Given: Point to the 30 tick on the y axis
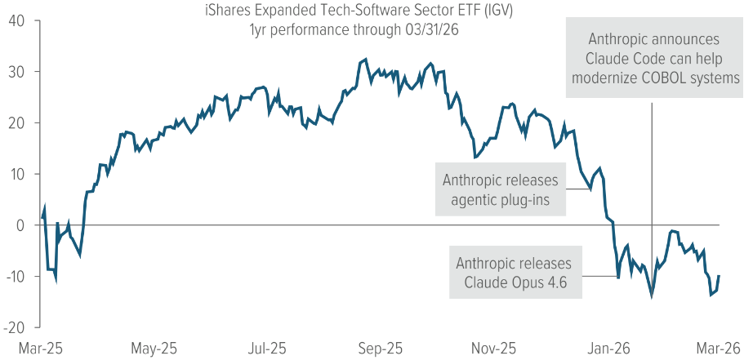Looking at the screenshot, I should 15,71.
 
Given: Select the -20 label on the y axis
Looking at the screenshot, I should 11,327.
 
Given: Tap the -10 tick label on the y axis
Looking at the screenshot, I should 11,276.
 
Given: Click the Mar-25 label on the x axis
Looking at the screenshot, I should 42,348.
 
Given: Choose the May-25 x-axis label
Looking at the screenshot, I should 154,348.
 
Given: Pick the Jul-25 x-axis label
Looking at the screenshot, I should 268,348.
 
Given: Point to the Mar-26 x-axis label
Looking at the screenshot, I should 718,348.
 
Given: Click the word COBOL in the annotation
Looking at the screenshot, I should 663,78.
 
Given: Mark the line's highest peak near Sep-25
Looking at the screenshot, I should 365,59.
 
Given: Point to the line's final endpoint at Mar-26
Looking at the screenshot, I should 719,276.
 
